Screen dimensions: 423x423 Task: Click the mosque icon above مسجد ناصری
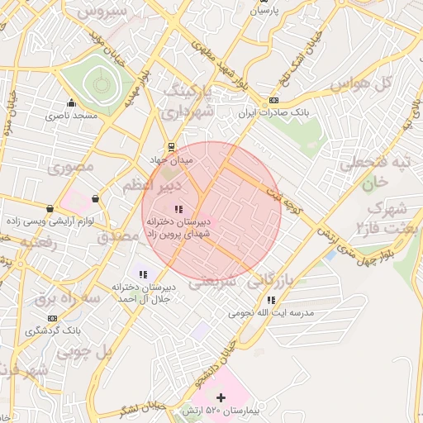pos(73,103)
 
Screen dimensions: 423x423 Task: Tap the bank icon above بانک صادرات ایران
pos(273,101)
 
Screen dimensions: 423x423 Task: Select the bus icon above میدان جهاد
pos(170,145)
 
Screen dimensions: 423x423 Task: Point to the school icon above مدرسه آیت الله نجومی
pos(271,301)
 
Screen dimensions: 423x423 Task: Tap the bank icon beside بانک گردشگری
pos(53,318)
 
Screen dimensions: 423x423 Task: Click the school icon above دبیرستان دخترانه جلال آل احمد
pos(143,273)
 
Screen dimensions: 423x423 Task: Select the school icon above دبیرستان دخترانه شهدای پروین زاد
pos(178,208)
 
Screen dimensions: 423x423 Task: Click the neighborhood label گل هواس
pos(360,84)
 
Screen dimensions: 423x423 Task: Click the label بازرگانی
pos(265,279)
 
